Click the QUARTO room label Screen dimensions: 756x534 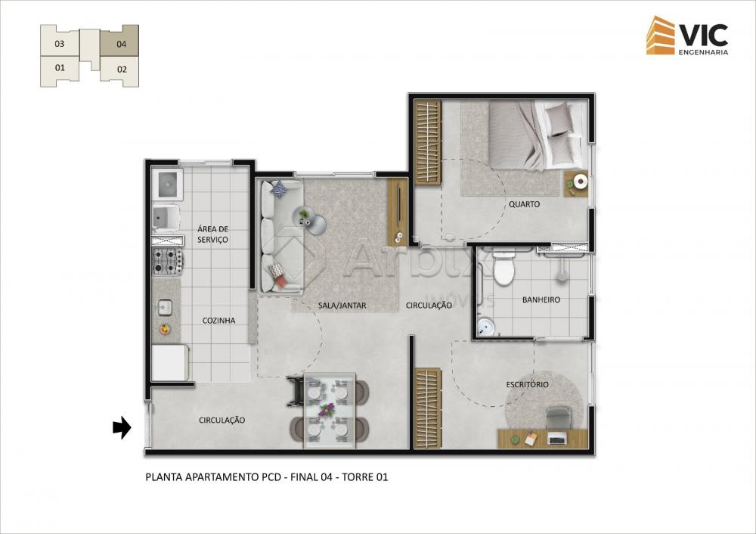tap(524, 204)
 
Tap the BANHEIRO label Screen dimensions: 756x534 tap(541, 300)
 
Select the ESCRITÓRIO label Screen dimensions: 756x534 tap(527, 384)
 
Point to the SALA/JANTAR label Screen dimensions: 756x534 tap(342, 306)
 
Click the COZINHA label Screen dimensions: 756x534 tap(218, 320)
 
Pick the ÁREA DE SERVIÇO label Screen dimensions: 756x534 tap(212, 234)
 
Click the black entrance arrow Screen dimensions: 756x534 tap(122, 427)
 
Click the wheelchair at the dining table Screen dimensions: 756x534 tap(297, 392)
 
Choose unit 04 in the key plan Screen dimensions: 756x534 tap(120, 42)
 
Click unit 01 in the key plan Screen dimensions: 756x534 tap(60, 70)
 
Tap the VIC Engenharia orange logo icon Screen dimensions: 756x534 tap(661, 36)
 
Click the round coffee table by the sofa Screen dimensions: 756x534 tap(316, 225)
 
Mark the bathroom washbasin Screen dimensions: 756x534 tap(485, 327)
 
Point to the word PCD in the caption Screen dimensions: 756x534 tap(271, 477)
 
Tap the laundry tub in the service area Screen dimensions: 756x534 tap(167, 184)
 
